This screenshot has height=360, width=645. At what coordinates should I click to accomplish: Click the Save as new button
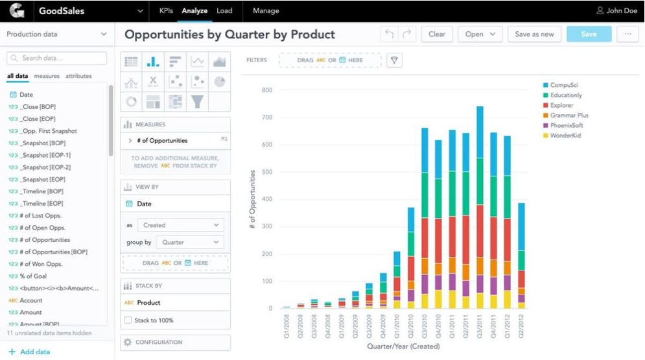tap(534, 34)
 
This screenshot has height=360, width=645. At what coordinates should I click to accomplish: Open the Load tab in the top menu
tap(224, 11)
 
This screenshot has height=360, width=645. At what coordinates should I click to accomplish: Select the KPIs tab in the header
tap(166, 11)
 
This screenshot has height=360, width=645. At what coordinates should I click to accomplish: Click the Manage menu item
tap(266, 11)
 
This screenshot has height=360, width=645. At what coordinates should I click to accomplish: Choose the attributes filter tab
tap(78, 77)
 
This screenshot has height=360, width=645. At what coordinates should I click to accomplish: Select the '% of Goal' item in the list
tap(32, 276)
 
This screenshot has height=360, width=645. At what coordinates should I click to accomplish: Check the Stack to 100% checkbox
tap(128, 320)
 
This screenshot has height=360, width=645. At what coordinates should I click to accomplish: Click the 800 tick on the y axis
tap(267, 90)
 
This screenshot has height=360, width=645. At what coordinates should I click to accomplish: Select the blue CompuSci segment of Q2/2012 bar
tap(522, 226)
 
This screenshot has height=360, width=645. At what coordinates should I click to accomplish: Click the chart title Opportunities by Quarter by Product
tap(229, 34)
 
